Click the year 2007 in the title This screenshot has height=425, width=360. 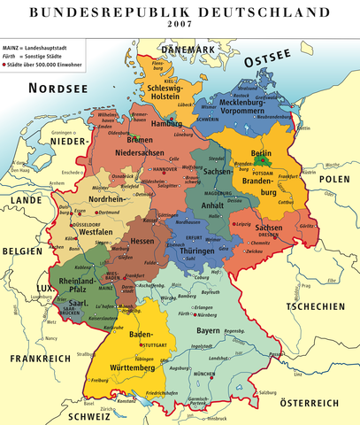180,25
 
